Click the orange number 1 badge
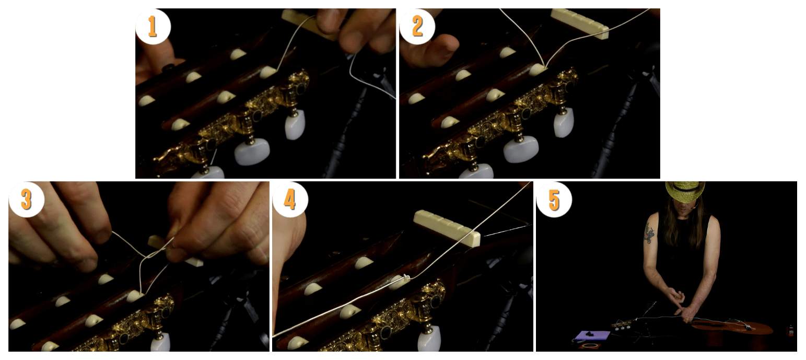click(153, 26)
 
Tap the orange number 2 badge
click(417, 26)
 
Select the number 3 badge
click(26, 199)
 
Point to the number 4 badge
click(290, 199)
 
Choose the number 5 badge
click(554, 199)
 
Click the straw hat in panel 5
click(685, 191)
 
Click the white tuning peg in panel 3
click(160, 342)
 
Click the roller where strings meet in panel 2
click(538, 69)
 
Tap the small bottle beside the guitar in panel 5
click(790, 330)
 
